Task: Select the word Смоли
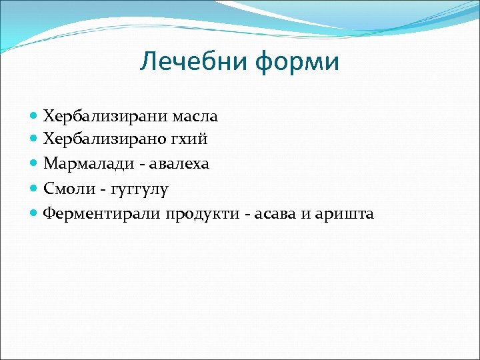coord(65,189)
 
